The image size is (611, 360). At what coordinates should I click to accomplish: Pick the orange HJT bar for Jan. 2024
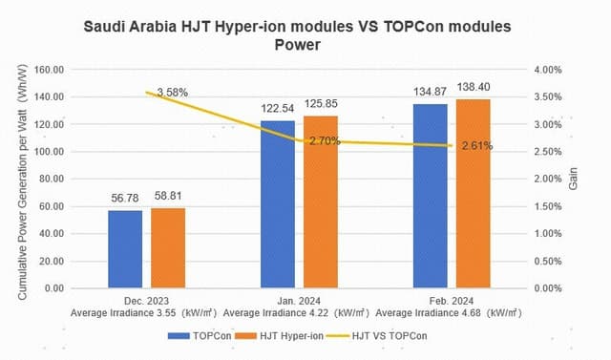321,201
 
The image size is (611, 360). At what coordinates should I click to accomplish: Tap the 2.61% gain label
476,146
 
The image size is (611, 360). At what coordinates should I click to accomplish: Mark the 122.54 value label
277,108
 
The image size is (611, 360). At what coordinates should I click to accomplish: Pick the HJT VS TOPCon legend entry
384,336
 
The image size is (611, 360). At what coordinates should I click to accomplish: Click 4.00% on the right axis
550,70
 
